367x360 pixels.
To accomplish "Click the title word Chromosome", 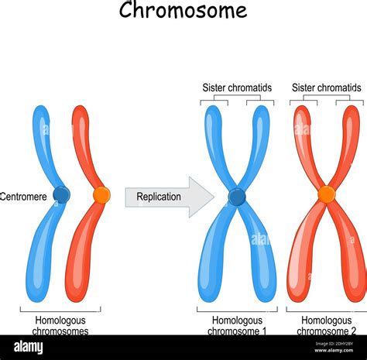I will (x=183, y=11).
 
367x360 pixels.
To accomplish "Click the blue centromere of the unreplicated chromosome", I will (x=61, y=194).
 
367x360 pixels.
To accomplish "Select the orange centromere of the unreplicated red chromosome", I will (x=101, y=195).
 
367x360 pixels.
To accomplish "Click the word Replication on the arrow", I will (x=159, y=197).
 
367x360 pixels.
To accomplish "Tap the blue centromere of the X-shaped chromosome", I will (x=237, y=197).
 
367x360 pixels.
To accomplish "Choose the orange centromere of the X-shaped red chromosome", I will (x=326, y=194).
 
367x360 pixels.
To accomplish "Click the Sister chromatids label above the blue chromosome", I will (x=237, y=87).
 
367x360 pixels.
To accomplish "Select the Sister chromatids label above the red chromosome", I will (x=326, y=87).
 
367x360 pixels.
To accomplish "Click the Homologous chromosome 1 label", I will (x=238, y=325).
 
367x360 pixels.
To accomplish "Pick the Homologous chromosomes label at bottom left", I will (x=60, y=325).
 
